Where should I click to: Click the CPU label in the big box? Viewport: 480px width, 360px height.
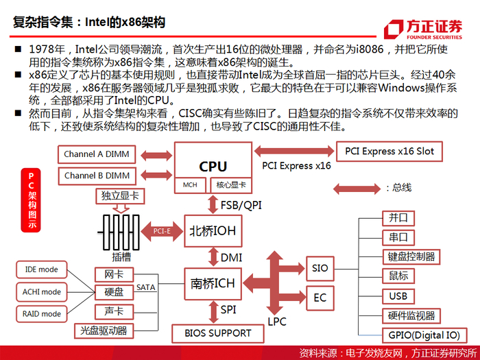pyautogui.click(x=213, y=167)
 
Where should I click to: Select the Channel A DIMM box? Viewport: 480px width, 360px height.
pyautogui.click(x=97, y=154)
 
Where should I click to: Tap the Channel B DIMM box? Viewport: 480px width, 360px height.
pyautogui.click(x=97, y=176)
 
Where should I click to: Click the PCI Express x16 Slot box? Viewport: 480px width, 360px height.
pyautogui.click(x=389, y=152)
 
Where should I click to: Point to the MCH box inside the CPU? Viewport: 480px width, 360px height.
pyautogui.click(x=190, y=185)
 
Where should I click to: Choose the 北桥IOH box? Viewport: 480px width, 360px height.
pyautogui.click(x=213, y=231)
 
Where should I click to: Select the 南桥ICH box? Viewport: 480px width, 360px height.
pyautogui.click(x=213, y=283)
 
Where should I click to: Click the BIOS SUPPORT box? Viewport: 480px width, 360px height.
pyautogui.click(x=217, y=333)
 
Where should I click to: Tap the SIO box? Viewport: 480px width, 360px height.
pyautogui.click(x=320, y=269)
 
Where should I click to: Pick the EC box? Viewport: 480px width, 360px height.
pyautogui.click(x=320, y=298)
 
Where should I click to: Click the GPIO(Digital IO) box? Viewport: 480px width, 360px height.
pyautogui.click(x=424, y=335)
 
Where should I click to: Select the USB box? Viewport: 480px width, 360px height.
pyautogui.click(x=398, y=296)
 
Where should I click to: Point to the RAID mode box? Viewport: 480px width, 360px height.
pyautogui.click(x=42, y=314)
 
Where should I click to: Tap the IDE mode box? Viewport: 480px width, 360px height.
pyautogui.click(x=42, y=269)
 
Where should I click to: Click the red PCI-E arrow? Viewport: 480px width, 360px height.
pyautogui.click(x=162, y=231)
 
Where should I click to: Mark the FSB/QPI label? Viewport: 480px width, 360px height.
pyautogui.click(x=241, y=205)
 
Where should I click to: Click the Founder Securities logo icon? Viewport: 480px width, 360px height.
pyautogui.click(x=394, y=29)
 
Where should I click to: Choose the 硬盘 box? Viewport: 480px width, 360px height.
pyautogui.click(x=114, y=292)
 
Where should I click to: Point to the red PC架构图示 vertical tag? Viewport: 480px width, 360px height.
pyautogui.click(x=31, y=200)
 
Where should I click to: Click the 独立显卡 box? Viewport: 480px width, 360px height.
pyautogui.click(x=120, y=196)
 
